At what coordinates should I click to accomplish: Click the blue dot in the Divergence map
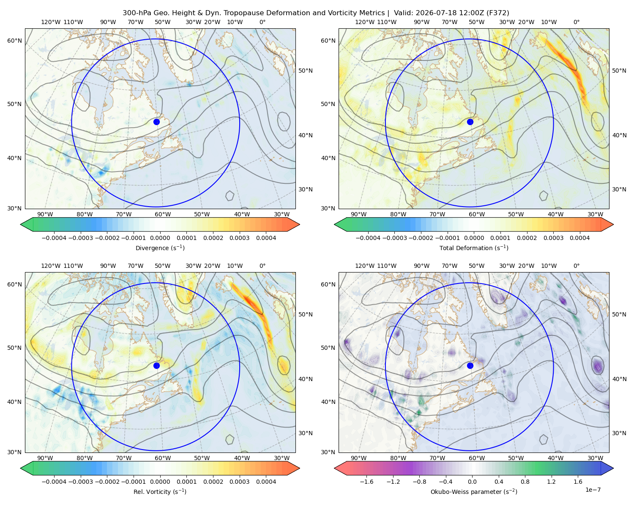[156, 122]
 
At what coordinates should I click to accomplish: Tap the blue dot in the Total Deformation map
[470, 122]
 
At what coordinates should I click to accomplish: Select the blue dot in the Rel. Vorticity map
[156, 365]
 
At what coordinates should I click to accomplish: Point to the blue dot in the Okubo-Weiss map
[470, 365]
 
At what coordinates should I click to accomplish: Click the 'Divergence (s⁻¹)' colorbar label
[160, 248]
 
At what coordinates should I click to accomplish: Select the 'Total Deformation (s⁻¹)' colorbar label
[474, 248]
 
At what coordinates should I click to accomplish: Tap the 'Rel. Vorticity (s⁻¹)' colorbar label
[160, 492]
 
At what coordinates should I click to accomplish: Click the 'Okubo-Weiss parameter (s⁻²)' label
[474, 492]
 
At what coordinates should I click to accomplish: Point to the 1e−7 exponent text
[593, 490]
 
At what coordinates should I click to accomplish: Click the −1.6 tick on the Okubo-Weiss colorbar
[366, 482]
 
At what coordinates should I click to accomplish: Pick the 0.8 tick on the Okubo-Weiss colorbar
[525, 482]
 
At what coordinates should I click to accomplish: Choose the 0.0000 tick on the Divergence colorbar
[160, 238]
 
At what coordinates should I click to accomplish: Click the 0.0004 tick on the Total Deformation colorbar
[580, 238]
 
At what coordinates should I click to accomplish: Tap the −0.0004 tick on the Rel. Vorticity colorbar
[54, 482]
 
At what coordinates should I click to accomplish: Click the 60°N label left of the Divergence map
[14, 41]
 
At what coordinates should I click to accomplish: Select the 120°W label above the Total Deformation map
[365, 22]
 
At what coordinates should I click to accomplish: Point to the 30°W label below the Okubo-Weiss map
[596, 458]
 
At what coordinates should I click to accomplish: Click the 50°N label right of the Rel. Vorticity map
[306, 314]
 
